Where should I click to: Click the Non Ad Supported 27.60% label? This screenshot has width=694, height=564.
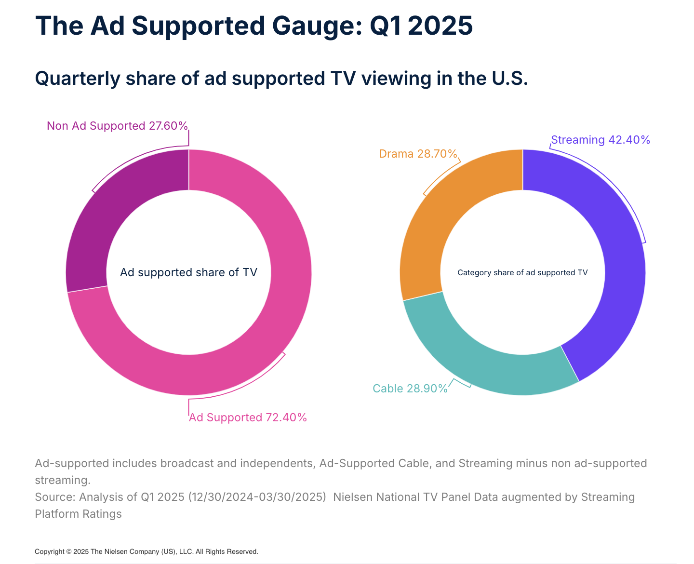pyautogui.click(x=117, y=126)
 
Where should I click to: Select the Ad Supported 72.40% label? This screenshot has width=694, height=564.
pyautogui.click(x=248, y=417)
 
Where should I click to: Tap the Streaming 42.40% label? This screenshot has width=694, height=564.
pyautogui.click(x=601, y=140)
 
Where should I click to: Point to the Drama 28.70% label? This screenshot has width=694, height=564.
pyautogui.click(x=418, y=154)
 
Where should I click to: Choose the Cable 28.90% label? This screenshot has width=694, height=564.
pyautogui.click(x=410, y=389)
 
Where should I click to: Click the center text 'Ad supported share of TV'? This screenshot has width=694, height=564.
pyautogui.click(x=188, y=272)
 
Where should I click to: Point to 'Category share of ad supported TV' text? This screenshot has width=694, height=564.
pyautogui.click(x=522, y=273)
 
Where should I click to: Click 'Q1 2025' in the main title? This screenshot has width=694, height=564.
pyautogui.click(x=421, y=26)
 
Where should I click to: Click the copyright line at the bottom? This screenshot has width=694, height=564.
pyautogui.click(x=147, y=551)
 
